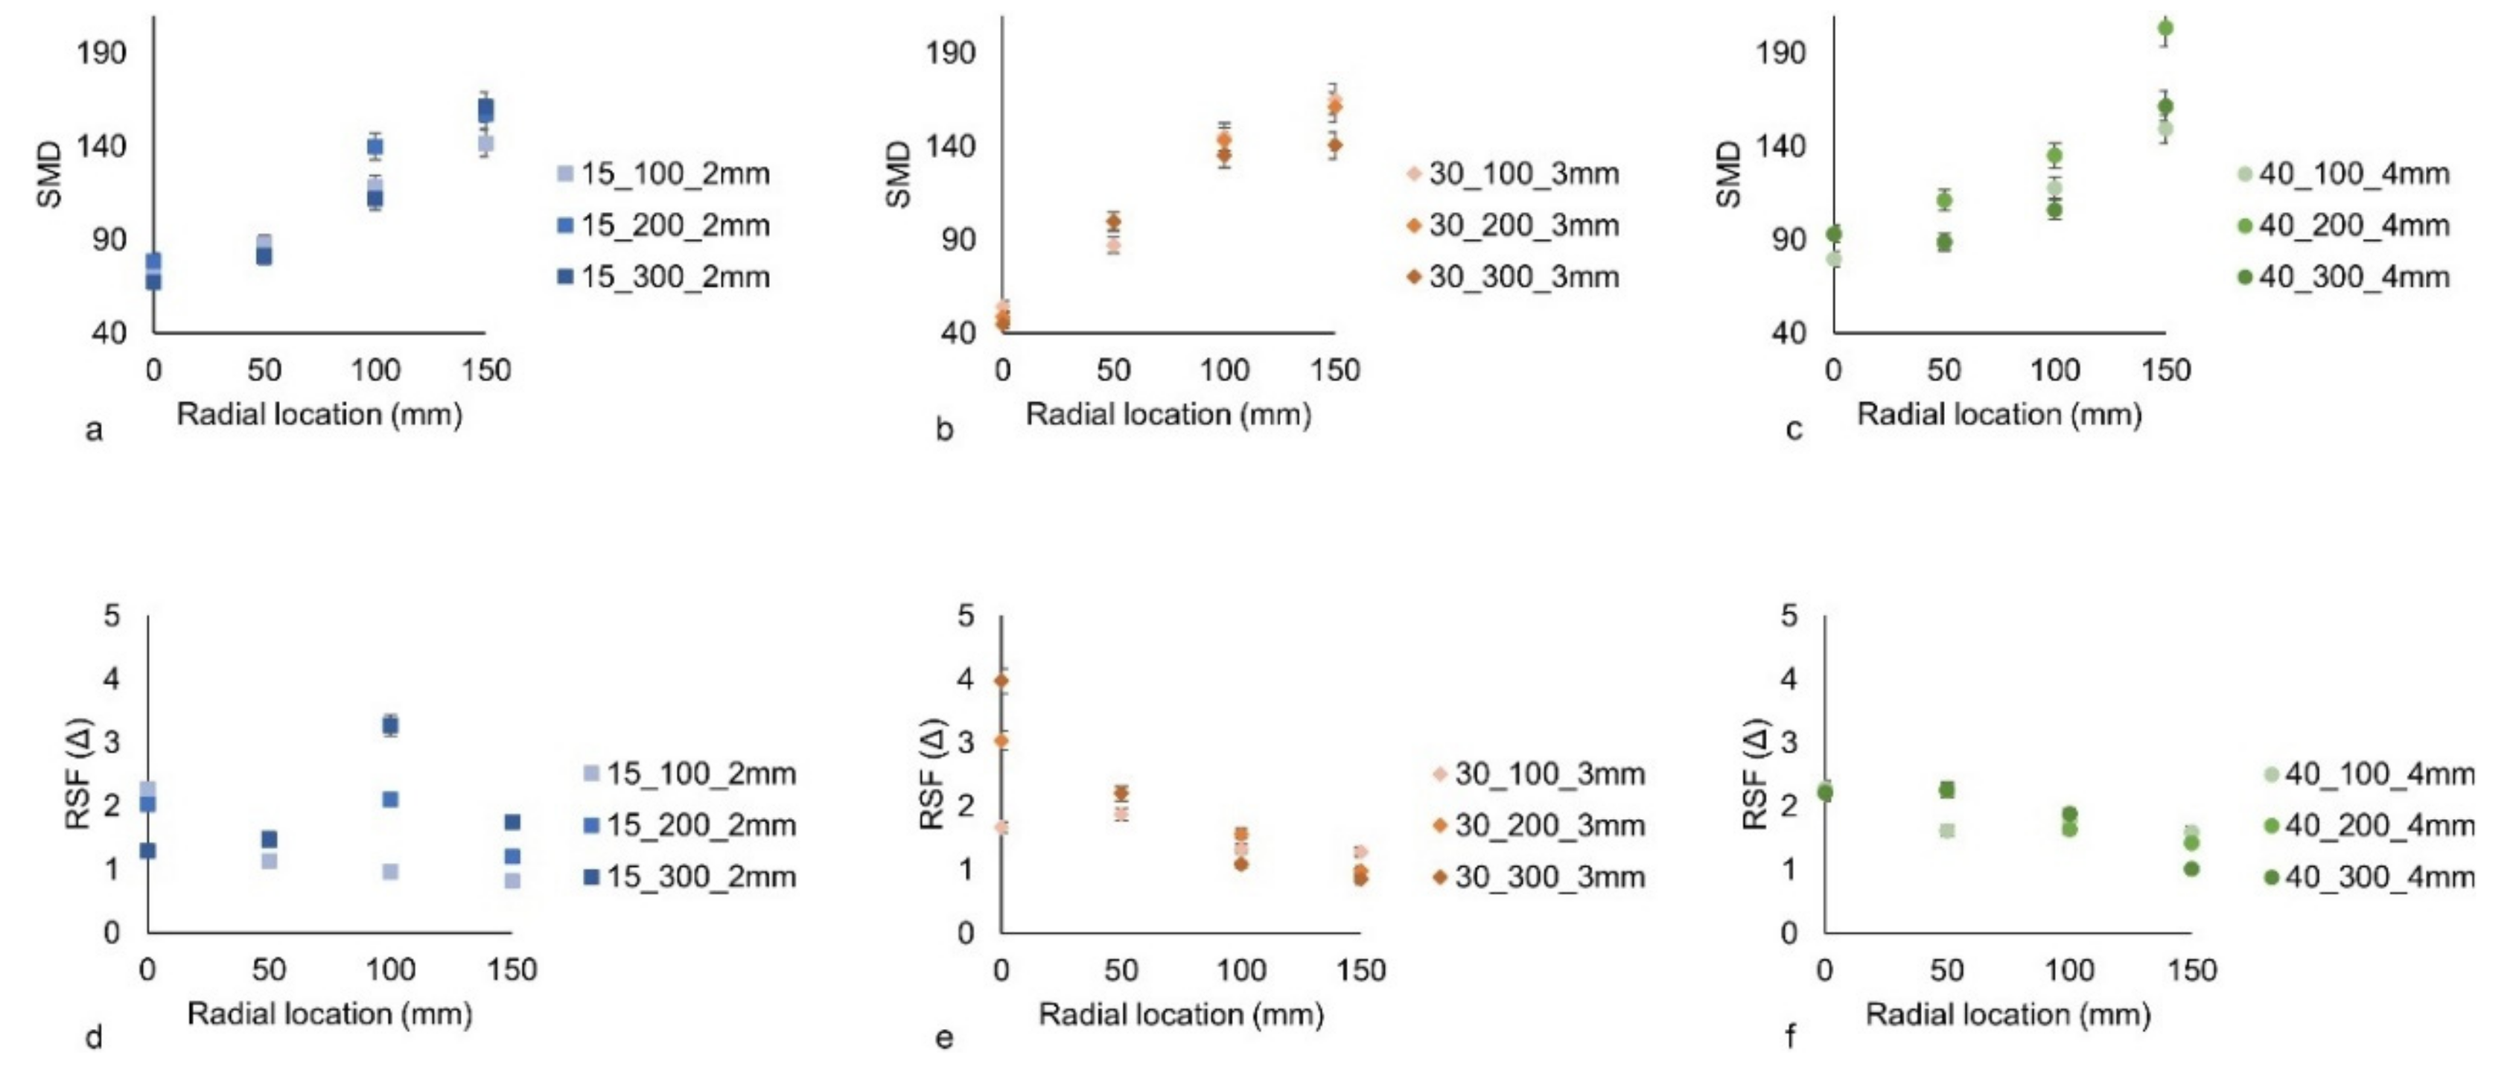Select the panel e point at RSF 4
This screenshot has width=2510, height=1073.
(1001, 681)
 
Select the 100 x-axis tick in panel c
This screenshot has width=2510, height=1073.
(2055, 370)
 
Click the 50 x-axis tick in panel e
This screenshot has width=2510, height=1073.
(1121, 971)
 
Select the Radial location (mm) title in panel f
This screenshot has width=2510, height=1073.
(2007, 1014)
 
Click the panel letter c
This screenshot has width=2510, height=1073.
(1794, 429)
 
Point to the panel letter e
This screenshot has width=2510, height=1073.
(943, 1038)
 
